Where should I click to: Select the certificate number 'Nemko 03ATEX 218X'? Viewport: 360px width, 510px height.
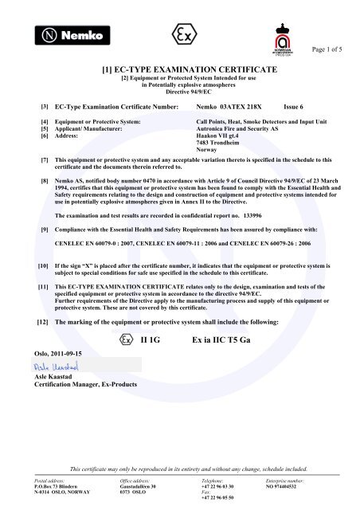(x=229, y=105)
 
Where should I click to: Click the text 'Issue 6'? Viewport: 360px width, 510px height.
(x=295, y=105)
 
